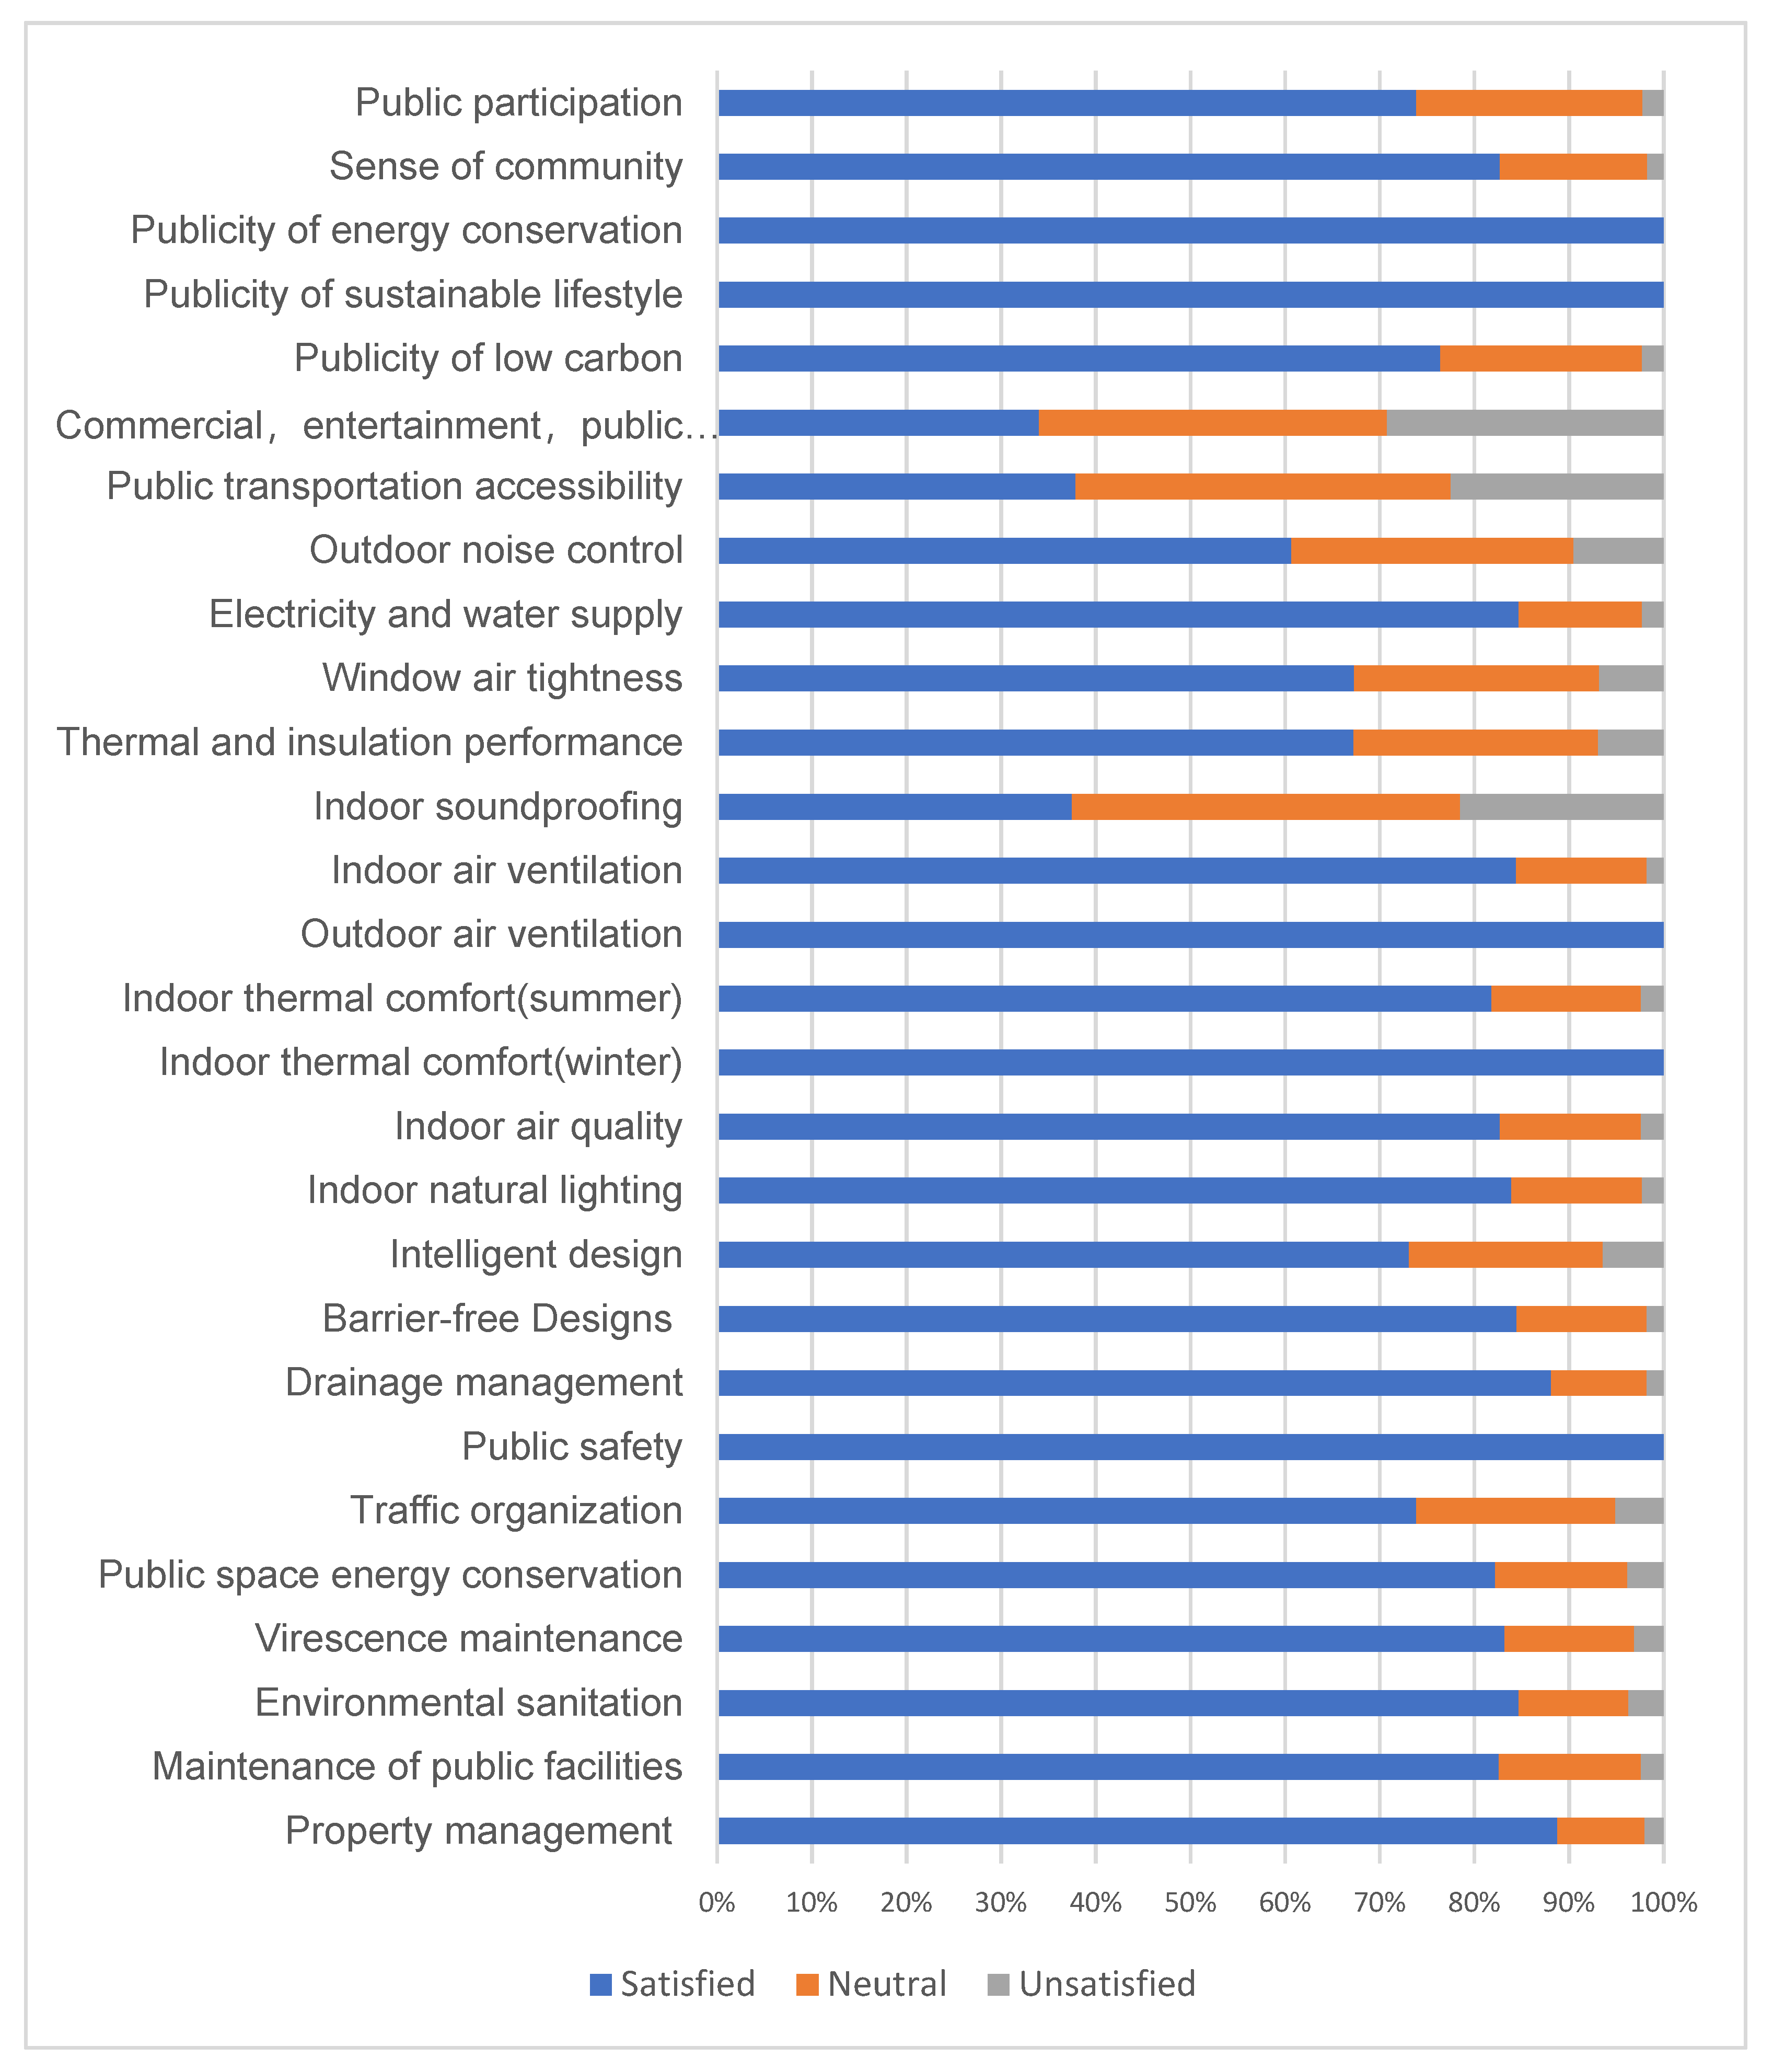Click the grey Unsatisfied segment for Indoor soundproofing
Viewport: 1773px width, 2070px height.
(1561, 806)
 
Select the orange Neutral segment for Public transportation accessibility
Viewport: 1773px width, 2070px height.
(1262, 487)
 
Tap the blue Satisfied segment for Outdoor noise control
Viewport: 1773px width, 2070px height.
(1004, 550)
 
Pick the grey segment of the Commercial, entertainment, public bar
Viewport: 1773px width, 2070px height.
(1525, 423)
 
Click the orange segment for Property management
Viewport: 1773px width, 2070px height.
(1600, 1831)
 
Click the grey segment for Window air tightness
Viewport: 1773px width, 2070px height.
(1631, 678)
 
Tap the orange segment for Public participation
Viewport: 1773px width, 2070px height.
(1528, 103)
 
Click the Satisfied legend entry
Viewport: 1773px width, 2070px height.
(672, 1983)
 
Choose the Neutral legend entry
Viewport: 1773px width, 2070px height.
(872, 1983)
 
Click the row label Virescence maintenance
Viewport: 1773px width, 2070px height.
(469, 1638)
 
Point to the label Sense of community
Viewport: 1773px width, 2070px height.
(505, 167)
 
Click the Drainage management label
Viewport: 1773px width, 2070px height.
(483, 1383)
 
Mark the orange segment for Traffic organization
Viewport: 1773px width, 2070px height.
(1515, 1510)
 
